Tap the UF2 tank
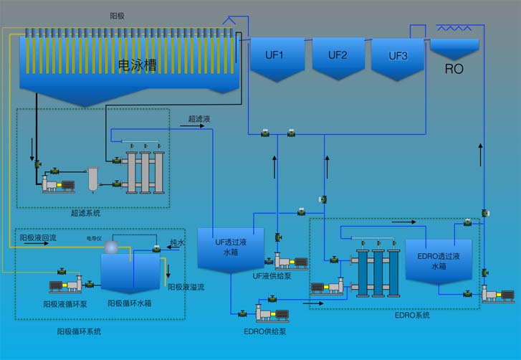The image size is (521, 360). coord(338,55)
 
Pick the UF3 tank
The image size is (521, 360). coord(398,56)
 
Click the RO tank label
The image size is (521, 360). coord(454,69)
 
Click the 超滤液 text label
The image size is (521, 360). coord(199,118)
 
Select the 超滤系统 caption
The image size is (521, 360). coord(85,212)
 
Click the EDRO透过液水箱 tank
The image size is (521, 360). coord(439,260)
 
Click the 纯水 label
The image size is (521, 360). coord(177,243)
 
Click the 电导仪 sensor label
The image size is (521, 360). coord(94,237)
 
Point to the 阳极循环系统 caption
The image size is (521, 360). coord(79,331)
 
